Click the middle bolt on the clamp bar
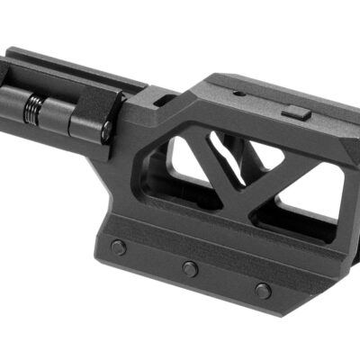(x=189, y=268)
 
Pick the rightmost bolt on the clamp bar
(x=262, y=290)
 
